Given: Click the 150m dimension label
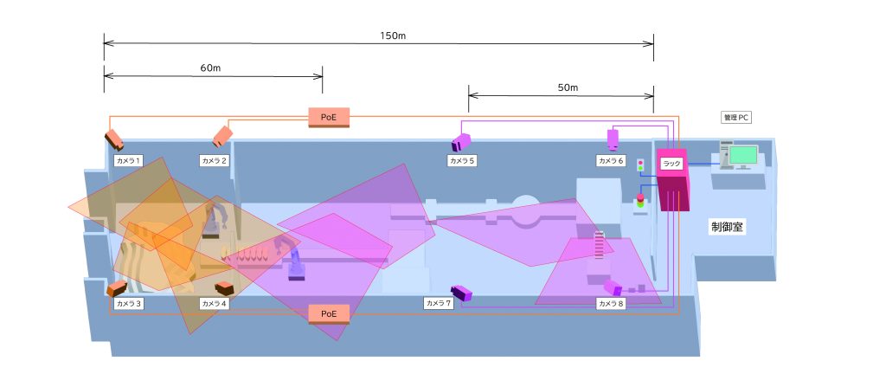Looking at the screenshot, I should click(394, 35).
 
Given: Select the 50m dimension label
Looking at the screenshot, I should click(568, 87).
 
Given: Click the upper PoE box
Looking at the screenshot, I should click(329, 116).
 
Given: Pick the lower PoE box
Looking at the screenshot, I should click(329, 313).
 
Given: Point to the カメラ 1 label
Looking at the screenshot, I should click(128, 160).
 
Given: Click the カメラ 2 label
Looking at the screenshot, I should click(214, 160).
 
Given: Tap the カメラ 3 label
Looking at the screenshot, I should click(128, 304).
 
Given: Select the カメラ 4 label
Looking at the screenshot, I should click(214, 304).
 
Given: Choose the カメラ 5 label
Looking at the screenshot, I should click(462, 160).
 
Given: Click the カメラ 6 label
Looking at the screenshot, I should click(611, 160).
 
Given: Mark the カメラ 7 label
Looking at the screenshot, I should click(438, 303).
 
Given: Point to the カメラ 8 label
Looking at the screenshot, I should click(611, 304).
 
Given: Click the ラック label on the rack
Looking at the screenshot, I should click(671, 163).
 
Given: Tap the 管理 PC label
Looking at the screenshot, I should click(738, 117).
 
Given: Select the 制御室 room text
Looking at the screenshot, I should click(728, 228).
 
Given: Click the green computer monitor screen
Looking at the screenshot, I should click(742, 156).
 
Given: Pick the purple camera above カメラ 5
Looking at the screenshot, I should click(461, 141).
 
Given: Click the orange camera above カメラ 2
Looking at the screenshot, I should click(223, 134).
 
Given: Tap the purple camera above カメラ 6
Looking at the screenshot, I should click(613, 137).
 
